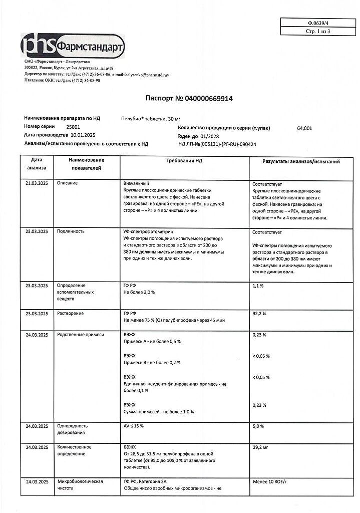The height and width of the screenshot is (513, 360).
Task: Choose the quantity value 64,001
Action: tap(304, 128)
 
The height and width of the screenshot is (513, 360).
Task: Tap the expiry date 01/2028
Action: tap(211, 136)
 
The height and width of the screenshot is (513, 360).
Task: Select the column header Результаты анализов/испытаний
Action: tap(301, 162)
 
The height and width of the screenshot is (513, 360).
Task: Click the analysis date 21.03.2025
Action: tap(37, 183)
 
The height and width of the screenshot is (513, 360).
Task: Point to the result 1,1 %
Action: tap(258, 286)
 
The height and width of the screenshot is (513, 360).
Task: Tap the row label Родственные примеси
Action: tap(81, 334)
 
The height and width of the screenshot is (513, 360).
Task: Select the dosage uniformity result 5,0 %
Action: tap(258, 426)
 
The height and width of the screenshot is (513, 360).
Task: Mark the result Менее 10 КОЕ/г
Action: tap(271, 481)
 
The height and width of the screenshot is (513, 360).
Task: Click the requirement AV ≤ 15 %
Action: tap(134, 426)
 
